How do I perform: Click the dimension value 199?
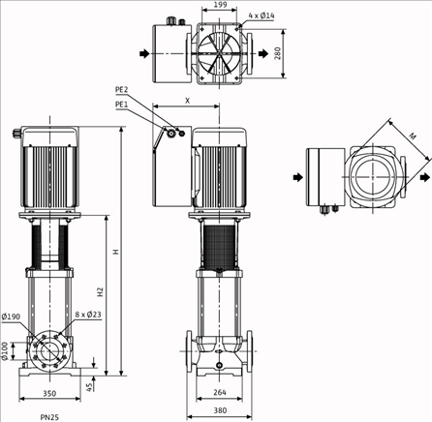tap(220, 6)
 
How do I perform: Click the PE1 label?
tap(122, 104)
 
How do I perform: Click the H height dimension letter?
tap(114, 252)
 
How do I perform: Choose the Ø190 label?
tap(12, 316)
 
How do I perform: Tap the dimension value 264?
tap(220, 392)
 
